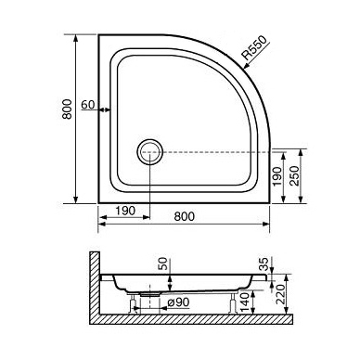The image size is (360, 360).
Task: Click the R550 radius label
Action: pyautogui.click(x=253, y=48)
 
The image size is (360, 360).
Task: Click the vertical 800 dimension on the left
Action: pyautogui.click(x=67, y=109)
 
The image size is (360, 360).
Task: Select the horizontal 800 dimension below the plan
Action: pyautogui.click(x=185, y=216)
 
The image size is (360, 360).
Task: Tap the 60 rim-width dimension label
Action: pyautogui.click(x=88, y=105)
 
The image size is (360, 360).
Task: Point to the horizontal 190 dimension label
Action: pyautogui.click(x=125, y=211)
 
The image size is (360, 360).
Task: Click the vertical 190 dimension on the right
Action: pyautogui.click(x=277, y=176)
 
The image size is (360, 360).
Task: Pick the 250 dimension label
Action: pyautogui.click(x=295, y=175)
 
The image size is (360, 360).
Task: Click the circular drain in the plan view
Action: pyautogui.click(x=150, y=152)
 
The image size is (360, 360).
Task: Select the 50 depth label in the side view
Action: pyautogui.click(x=164, y=264)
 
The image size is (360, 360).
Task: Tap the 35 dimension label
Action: pyautogui.click(x=264, y=264)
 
